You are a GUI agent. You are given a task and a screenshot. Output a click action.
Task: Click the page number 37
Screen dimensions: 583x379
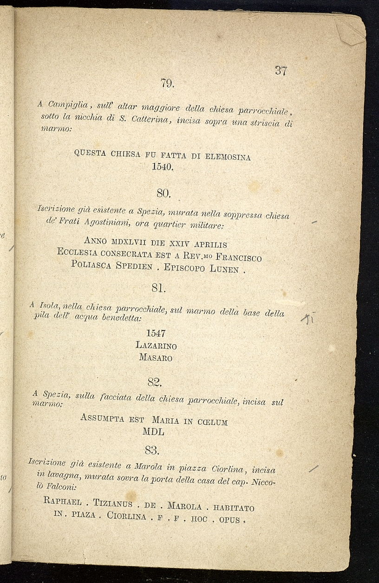coord(281,71)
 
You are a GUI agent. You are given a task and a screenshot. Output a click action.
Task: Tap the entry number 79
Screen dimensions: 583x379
coord(167,83)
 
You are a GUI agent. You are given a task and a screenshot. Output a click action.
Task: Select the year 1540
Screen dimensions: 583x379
coord(163,167)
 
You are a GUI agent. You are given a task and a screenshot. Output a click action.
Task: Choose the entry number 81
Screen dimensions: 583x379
coord(158,288)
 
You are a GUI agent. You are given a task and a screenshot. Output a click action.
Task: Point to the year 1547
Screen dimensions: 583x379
coord(156,333)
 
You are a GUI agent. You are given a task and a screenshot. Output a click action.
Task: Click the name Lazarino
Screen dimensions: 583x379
coord(156,346)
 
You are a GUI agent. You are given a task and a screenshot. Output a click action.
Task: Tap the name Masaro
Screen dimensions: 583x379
coord(156,358)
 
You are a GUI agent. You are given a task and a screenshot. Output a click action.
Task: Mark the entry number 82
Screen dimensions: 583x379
coord(154,382)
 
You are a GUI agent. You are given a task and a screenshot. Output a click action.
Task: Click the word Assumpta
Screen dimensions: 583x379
coord(102,418)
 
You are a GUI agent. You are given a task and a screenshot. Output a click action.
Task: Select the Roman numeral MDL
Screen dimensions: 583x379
coord(156,432)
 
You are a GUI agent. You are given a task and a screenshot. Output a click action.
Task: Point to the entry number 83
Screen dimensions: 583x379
coord(152,450)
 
